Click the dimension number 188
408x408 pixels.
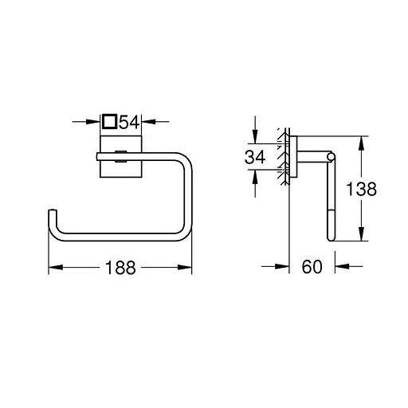(120, 269)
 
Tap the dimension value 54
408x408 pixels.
(130, 122)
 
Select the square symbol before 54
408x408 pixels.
(110, 122)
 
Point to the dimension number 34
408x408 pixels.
(255, 158)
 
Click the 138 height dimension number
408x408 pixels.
(360, 189)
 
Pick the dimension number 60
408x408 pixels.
(312, 268)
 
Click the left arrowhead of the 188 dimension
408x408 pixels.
(54, 269)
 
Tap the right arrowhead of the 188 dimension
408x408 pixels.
(187, 269)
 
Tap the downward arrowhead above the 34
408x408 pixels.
(255, 136)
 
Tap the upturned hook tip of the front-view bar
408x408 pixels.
(52, 214)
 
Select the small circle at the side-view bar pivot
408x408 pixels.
(329, 156)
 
